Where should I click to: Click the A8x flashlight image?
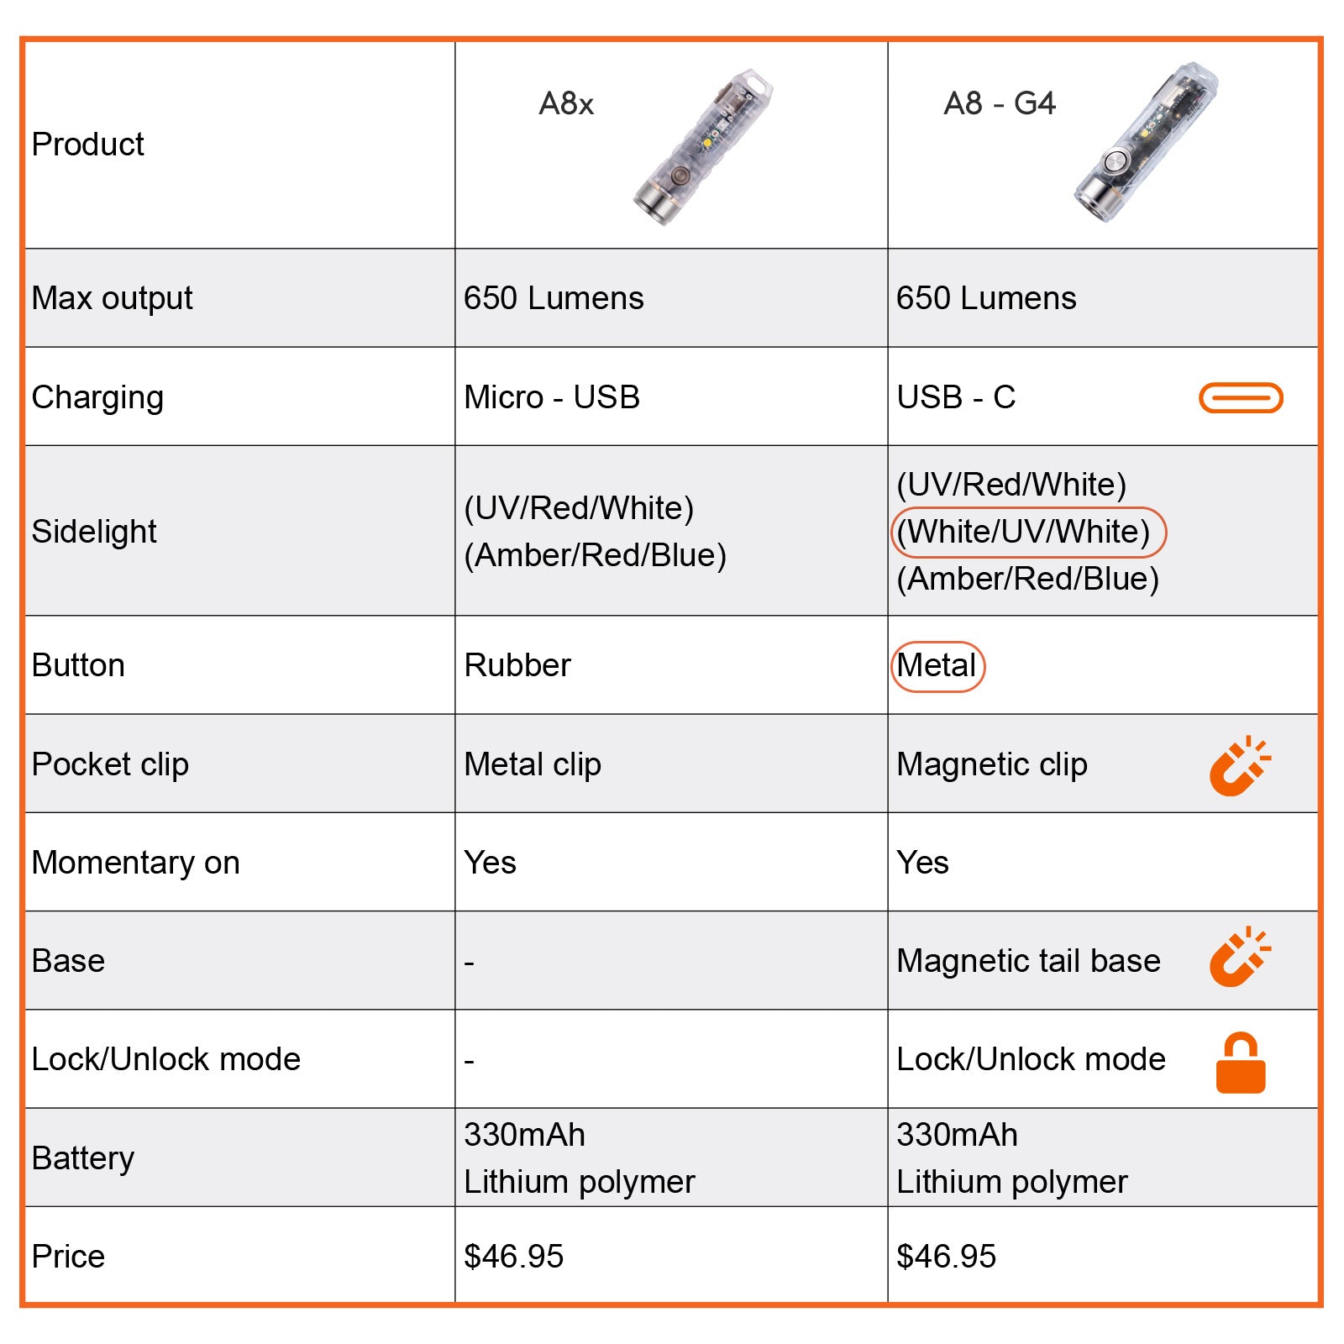coord(702,148)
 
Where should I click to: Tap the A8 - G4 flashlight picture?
coord(1146,143)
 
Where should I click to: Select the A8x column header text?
coord(566,104)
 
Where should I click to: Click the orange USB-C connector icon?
coord(1241,397)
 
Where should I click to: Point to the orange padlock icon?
coord(1241,1063)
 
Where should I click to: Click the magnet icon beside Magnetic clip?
coord(1239,766)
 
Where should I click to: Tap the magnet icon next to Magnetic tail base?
coord(1239,957)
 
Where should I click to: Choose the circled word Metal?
coord(937,666)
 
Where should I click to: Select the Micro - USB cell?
coord(552,397)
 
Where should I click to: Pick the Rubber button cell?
coord(517,665)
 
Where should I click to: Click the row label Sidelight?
coord(94,532)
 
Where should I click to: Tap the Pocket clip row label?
coord(110,764)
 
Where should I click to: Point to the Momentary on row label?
coord(135,863)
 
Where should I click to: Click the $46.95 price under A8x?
coord(513,1257)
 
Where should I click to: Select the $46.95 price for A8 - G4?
coord(946,1257)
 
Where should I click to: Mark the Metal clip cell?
coord(533,764)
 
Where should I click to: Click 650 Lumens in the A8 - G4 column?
coord(986,298)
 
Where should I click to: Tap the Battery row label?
coord(82,1158)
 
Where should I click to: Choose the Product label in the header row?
coord(87,144)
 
